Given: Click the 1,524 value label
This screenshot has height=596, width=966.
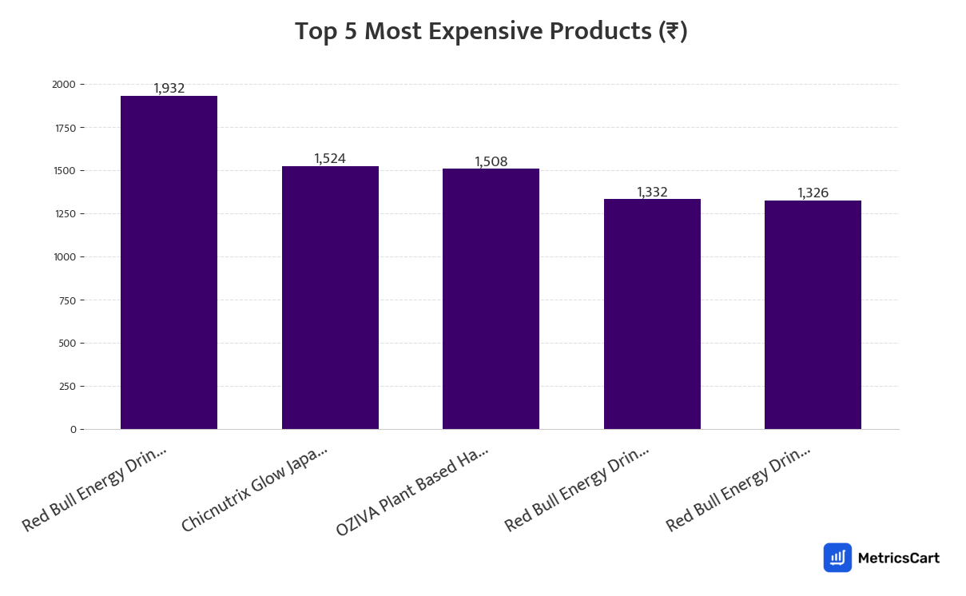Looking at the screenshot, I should click(x=330, y=158).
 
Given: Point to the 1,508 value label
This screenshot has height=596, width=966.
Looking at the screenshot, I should click(x=491, y=161).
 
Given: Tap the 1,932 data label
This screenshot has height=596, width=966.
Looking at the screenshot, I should click(x=169, y=88).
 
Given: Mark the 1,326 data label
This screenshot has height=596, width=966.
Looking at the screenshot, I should click(x=813, y=193).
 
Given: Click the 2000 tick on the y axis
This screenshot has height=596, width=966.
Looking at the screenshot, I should click(x=64, y=85).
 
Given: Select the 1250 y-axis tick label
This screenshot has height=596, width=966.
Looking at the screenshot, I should click(x=64, y=214).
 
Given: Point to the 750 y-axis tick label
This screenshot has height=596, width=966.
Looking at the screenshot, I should click(x=67, y=300).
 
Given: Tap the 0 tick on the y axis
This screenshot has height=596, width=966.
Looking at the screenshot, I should click(x=73, y=430).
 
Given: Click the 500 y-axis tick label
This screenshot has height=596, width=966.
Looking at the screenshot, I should click(x=67, y=344).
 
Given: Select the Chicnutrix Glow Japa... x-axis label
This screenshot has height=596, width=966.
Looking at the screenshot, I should click(x=254, y=490).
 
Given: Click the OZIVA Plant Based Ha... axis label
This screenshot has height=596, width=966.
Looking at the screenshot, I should click(x=411, y=492).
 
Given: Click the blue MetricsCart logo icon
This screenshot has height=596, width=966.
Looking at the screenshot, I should click(x=837, y=558).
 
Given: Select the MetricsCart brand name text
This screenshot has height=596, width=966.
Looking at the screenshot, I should click(x=898, y=558).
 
